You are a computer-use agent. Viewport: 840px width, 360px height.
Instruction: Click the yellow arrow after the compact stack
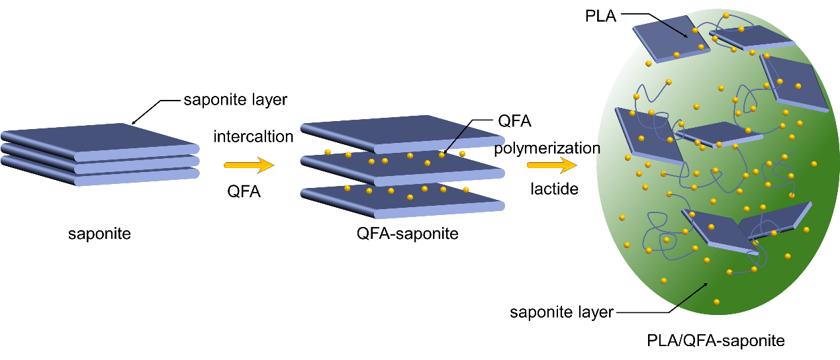(x=249, y=165)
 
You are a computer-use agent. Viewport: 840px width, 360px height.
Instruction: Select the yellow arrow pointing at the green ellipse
(x=551, y=165)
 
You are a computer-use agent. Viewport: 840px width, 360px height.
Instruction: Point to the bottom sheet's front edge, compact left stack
(x=136, y=177)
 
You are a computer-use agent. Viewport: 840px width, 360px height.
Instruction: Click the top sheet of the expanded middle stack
(x=397, y=128)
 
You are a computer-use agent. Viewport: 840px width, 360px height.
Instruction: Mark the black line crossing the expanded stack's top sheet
(x=457, y=138)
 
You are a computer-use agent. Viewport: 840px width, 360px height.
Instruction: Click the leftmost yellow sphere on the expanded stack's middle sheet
(x=328, y=152)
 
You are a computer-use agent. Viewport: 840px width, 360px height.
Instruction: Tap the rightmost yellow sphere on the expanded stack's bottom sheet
(x=466, y=190)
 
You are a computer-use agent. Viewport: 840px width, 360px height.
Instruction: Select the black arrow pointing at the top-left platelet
(x=673, y=28)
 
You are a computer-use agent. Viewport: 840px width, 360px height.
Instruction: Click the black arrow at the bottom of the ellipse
(x=692, y=295)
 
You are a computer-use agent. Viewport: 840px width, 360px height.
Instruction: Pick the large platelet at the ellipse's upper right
(x=794, y=83)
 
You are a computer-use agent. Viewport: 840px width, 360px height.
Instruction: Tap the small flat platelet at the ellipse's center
(x=718, y=132)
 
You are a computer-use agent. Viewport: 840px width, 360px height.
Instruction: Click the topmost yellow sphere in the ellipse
(x=726, y=15)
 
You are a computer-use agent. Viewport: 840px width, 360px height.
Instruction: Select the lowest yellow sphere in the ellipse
(x=716, y=302)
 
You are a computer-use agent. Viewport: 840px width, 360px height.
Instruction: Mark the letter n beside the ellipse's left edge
(x=598, y=150)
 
